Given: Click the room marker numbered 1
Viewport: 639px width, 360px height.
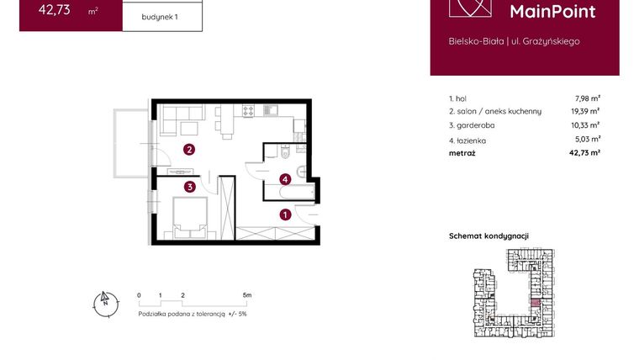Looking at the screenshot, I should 286,214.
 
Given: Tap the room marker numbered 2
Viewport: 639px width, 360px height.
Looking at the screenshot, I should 190,151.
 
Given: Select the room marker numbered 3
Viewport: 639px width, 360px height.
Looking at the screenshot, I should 190,187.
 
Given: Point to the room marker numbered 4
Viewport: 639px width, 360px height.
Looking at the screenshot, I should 286,178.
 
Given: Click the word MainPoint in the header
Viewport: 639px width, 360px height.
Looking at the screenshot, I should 553,11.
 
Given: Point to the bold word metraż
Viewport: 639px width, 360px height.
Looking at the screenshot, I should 462,153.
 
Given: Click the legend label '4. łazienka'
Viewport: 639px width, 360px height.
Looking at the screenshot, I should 467,140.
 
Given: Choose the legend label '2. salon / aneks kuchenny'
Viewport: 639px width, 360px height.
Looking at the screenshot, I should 495,111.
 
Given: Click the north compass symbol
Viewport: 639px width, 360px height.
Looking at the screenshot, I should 104,303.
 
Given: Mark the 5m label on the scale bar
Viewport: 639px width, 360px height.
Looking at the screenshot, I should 246,296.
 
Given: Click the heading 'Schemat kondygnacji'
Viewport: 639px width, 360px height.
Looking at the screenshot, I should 488,237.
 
